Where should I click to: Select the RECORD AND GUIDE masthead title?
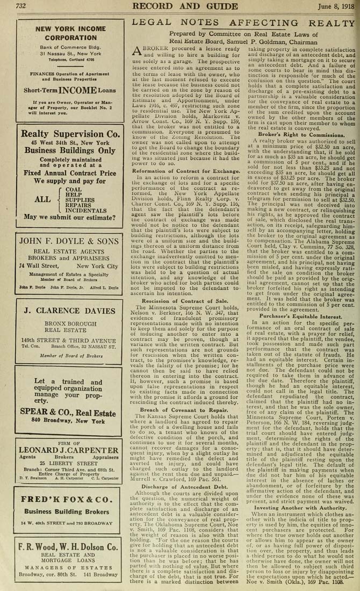pos(186,6)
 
